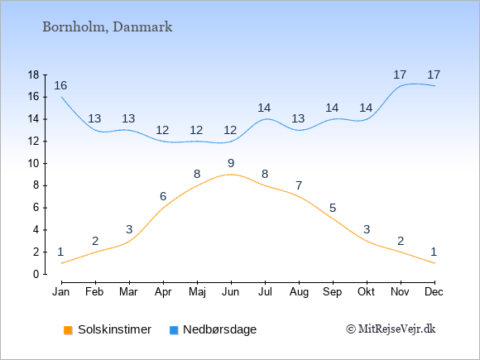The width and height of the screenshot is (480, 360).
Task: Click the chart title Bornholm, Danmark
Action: click(108, 27)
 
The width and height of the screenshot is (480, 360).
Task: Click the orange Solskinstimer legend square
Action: click(68, 330)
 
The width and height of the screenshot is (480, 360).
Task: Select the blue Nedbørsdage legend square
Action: click(174, 330)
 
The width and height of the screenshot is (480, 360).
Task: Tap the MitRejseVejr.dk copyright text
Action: click(391, 329)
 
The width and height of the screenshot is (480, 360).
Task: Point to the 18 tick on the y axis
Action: click(33, 74)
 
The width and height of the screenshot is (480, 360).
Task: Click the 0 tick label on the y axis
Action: click(36, 274)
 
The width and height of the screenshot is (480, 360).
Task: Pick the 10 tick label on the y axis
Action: click(33, 163)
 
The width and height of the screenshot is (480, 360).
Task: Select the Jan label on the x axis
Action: click(61, 292)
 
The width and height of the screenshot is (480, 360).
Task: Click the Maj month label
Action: click(197, 292)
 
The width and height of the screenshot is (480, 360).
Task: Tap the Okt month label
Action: click(366, 292)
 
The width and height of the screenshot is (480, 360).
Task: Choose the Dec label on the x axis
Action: click(434, 292)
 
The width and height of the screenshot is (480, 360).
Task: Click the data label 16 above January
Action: click(60, 86)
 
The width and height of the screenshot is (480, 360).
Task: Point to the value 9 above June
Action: click(231, 164)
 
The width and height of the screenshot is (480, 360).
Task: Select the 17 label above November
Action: click(400, 74)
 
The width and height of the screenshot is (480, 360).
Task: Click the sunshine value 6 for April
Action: click(163, 196)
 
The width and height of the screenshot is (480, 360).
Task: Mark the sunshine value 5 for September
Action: click(333, 209)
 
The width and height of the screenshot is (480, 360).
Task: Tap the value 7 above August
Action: click(299, 185)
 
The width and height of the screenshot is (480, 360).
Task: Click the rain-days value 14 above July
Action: click(264, 108)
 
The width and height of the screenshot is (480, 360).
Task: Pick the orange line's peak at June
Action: click(231, 175)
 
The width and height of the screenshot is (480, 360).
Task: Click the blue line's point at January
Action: click(62, 97)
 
